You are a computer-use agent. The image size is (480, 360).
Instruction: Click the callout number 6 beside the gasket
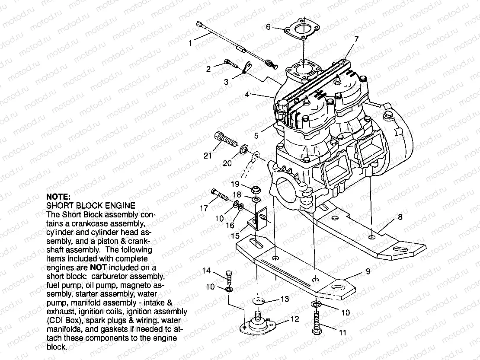[269, 27]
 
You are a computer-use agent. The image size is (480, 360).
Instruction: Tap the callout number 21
[208, 156]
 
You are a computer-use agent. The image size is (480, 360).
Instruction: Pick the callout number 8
[400, 217]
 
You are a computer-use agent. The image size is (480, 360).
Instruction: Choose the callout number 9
[368, 272]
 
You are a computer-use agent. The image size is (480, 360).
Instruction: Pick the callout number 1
[190, 43]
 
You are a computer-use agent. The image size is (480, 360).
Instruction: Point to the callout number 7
[356, 39]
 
